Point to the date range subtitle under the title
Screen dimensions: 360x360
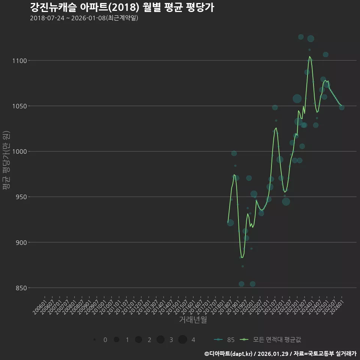84,18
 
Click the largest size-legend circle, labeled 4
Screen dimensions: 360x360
183,340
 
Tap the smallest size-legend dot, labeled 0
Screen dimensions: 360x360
94,340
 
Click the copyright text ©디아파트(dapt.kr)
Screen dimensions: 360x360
228,354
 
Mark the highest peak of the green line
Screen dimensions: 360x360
310,57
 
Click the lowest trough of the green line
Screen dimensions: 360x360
242,258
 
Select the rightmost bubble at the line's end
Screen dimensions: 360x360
342,107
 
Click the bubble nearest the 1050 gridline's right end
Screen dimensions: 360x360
342,107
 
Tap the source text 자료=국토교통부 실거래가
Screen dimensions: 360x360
325,354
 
